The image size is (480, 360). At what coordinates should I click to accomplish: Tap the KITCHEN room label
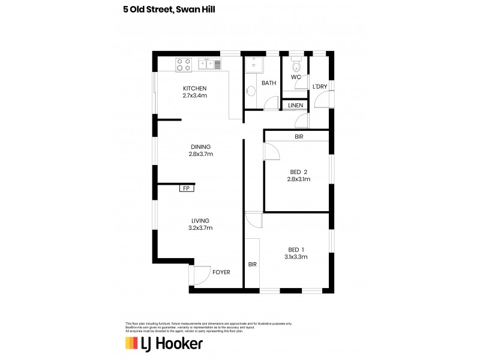tap(194, 89)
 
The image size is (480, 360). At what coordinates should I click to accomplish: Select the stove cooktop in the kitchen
tap(184, 64)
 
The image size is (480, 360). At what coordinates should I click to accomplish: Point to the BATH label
tap(268, 83)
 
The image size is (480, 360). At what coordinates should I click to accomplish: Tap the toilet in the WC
tap(296, 65)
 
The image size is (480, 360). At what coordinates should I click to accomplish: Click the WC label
tap(296, 78)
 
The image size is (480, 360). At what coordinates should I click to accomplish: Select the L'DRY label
tap(320, 87)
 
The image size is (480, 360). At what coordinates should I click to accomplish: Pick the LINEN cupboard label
tap(295, 106)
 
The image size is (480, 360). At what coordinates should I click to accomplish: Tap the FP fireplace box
tap(186, 188)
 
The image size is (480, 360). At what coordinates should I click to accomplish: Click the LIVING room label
tap(200, 221)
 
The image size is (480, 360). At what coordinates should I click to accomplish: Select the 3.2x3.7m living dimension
tap(200, 228)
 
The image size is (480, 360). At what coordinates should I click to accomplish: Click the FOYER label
tap(221, 272)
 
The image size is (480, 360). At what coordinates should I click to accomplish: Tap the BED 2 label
tap(298, 172)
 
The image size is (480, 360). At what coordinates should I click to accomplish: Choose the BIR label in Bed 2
tap(299, 137)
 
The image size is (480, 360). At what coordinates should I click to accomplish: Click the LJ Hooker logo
tap(163, 343)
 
